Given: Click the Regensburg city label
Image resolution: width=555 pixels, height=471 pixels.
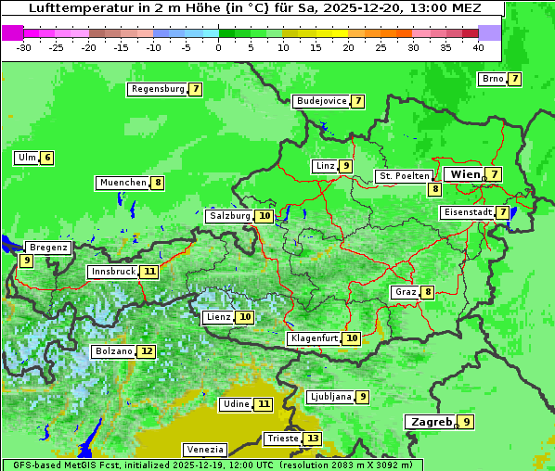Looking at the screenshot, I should (x=157, y=89).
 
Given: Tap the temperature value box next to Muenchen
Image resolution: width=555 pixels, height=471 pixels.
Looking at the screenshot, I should (x=158, y=183).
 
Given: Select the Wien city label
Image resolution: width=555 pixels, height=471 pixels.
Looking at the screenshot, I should (x=465, y=174).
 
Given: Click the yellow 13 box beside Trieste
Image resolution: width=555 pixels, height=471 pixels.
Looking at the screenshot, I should (x=313, y=439).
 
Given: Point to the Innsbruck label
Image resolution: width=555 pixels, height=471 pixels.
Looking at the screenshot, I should (x=112, y=272).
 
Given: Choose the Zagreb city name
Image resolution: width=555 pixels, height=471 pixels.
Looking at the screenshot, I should (x=431, y=422).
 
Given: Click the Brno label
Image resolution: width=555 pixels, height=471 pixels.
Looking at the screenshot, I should (x=492, y=79).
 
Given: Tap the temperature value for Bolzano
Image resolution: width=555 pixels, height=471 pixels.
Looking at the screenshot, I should (x=147, y=351).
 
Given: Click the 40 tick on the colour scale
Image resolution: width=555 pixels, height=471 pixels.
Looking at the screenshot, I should (x=478, y=46).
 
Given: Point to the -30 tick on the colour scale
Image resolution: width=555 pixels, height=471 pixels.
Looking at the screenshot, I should (x=24, y=46).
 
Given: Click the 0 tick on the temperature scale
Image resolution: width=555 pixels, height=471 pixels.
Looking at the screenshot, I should (x=219, y=46).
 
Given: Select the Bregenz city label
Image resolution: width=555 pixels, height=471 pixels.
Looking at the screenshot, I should (x=48, y=248).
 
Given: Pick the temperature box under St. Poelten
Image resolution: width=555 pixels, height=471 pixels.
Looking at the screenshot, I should (x=434, y=189).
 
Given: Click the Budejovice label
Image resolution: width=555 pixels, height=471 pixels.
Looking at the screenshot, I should (x=321, y=101).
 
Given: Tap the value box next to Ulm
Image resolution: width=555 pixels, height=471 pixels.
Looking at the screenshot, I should (x=47, y=158).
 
